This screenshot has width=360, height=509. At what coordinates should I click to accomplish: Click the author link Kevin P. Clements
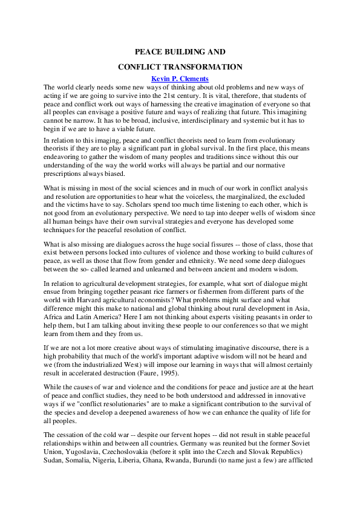point(180,79)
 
